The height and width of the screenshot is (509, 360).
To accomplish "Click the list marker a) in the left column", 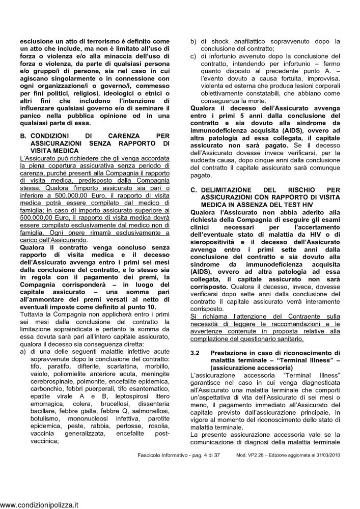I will coord(23,352).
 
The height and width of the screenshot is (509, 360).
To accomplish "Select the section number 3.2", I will coord(195,351).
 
